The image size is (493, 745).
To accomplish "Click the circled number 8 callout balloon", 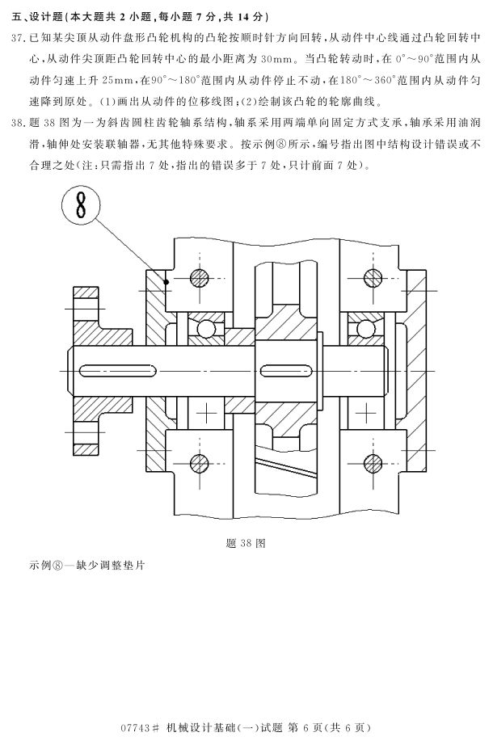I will [x=81, y=207].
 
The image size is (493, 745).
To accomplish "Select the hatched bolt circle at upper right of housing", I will [x=373, y=277].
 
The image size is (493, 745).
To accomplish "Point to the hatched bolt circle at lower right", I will [x=373, y=462].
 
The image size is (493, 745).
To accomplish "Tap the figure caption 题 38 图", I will [x=246, y=542].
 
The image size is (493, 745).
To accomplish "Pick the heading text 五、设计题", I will [x=40, y=17].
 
